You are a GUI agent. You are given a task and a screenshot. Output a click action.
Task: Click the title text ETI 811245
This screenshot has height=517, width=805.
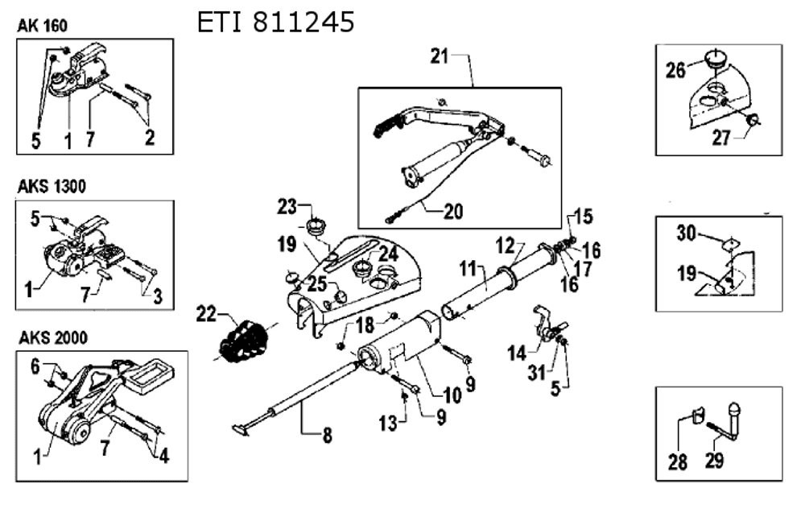click(275, 23)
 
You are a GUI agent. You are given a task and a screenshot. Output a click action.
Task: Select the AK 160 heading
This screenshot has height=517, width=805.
click(42, 26)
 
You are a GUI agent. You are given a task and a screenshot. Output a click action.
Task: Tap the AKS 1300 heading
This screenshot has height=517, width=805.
click(52, 186)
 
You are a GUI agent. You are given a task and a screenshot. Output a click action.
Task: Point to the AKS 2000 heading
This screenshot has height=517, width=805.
click(52, 336)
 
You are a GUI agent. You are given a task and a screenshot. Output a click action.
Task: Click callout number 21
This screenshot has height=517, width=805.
click(440, 56)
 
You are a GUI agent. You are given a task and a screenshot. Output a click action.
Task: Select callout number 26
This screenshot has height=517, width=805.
click(675, 70)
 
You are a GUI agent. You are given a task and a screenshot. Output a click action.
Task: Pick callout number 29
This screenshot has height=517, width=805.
click(714, 461)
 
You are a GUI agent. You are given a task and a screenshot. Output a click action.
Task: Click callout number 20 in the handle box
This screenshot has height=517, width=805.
click(454, 212)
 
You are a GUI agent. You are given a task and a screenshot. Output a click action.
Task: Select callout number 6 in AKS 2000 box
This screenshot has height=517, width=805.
click(35, 366)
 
